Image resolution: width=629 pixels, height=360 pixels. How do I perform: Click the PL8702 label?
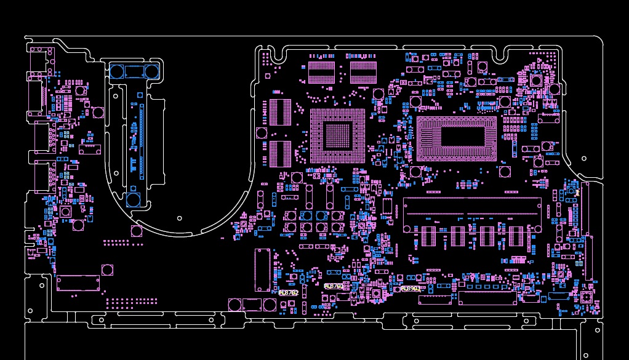pyautogui.click(x=288, y=293)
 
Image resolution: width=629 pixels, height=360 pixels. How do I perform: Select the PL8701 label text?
pyautogui.click(x=334, y=286)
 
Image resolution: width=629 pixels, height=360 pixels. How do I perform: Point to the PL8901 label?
pyautogui.click(x=411, y=289)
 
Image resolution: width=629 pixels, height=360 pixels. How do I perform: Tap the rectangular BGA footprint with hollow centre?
pyautogui.click(x=457, y=138)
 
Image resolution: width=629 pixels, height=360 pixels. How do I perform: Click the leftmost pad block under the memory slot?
pyautogui.click(x=428, y=236)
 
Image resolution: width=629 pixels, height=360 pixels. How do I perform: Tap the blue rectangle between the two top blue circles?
pyautogui.click(x=134, y=72)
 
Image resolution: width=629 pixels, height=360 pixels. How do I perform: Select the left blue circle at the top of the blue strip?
pyautogui.click(x=116, y=71)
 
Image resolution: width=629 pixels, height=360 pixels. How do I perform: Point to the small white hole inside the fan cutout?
pyautogui.click(x=180, y=218)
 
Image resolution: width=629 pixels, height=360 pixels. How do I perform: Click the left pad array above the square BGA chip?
pyautogui.click(x=321, y=72)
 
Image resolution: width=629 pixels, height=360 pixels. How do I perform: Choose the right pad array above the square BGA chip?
pyautogui.click(x=363, y=72)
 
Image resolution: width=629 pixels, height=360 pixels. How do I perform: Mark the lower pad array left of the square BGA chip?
pyautogui.click(x=280, y=154)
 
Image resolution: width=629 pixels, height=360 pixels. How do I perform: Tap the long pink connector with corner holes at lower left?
pyautogui.click(x=78, y=283)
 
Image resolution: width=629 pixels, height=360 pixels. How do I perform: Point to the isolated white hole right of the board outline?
pyautogui.click(x=583, y=158)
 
